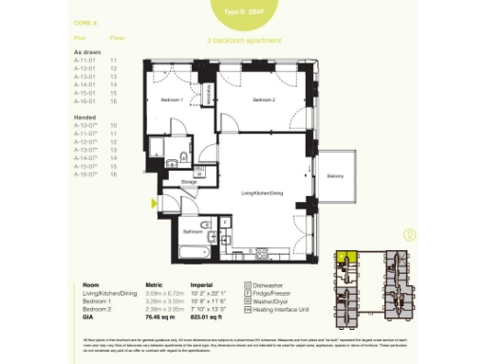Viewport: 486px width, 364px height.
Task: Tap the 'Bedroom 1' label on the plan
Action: click(171, 100)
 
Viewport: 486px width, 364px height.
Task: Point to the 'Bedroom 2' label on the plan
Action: click(263, 100)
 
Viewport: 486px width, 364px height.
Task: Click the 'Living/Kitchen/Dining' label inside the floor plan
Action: click(262, 192)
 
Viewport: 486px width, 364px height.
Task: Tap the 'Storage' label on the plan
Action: click(190, 180)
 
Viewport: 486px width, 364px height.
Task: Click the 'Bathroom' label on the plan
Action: click(194, 230)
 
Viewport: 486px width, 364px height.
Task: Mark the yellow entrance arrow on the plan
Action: click(151, 201)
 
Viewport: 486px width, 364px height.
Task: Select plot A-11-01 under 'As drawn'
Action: click(86, 60)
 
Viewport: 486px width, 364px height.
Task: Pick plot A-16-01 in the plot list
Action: click(86, 102)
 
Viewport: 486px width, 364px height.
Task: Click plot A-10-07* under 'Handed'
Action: click(87, 124)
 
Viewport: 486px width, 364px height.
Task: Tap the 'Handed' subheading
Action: click(84, 116)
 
